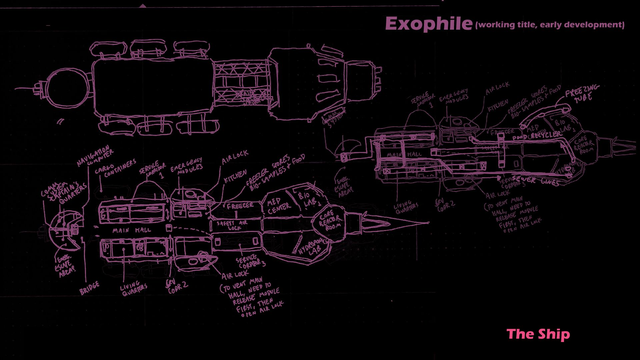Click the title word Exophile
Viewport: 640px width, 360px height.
[x=429, y=24]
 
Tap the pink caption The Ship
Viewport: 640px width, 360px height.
[x=538, y=334]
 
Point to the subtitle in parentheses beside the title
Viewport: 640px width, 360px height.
[x=550, y=25]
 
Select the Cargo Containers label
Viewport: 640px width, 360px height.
[x=115, y=169]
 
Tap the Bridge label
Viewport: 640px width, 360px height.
[x=89, y=288]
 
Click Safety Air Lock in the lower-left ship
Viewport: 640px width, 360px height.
[x=232, y=225]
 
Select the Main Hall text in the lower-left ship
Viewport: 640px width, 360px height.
[x=131, y=230]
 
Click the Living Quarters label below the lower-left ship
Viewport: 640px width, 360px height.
[x=134, y=288]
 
